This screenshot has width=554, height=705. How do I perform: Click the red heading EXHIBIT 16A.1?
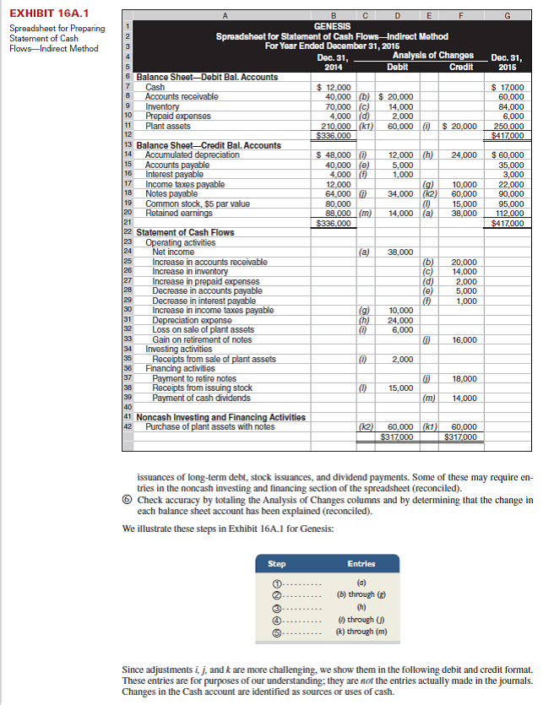pyautogui.click(x=41, y=13)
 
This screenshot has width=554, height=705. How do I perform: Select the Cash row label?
pyautogui.click(x=155, y=87)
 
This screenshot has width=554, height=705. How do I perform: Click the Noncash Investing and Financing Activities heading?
pyautogui.click(x=220, y=417)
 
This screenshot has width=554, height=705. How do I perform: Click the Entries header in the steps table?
pyautogui.click(x=361, y=564)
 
